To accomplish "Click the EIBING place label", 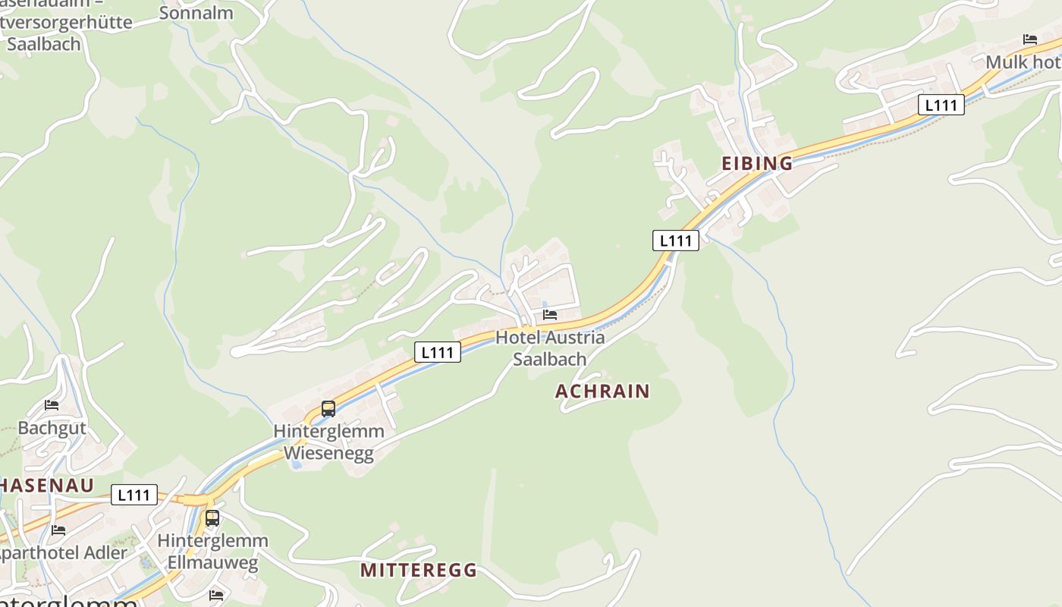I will tap(756, 163).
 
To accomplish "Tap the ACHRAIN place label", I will tap(602, 391).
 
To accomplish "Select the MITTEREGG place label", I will tap(418, 570).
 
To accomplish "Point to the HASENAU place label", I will tap(47, 486).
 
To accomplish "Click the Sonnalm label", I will tap(195, 13).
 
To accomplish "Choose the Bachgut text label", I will tap(52, 428).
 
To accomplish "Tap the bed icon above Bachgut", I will tap(52, 405).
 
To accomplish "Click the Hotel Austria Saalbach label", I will tap(550, 348).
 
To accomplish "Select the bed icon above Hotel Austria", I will tap(550, 315).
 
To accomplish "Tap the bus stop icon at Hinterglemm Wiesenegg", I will tap(328, 409).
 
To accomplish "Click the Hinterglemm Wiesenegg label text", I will tap(328, 442).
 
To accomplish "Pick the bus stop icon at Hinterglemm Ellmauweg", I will tap(212, 518).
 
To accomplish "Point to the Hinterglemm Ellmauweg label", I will tap(212, 552).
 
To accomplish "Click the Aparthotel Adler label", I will tap(62, 553).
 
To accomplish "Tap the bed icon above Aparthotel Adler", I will tap(58, 530).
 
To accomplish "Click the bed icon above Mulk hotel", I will tap(1029, 39).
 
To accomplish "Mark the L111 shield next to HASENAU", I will tap(134, 495).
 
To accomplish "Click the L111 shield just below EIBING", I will tap(675, 241).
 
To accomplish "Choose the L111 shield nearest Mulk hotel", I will tap(941, 105).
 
